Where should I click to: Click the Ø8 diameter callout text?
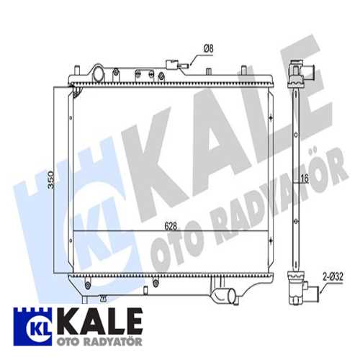tap(207, 48)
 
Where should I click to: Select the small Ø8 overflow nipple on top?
tap(186, 66)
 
